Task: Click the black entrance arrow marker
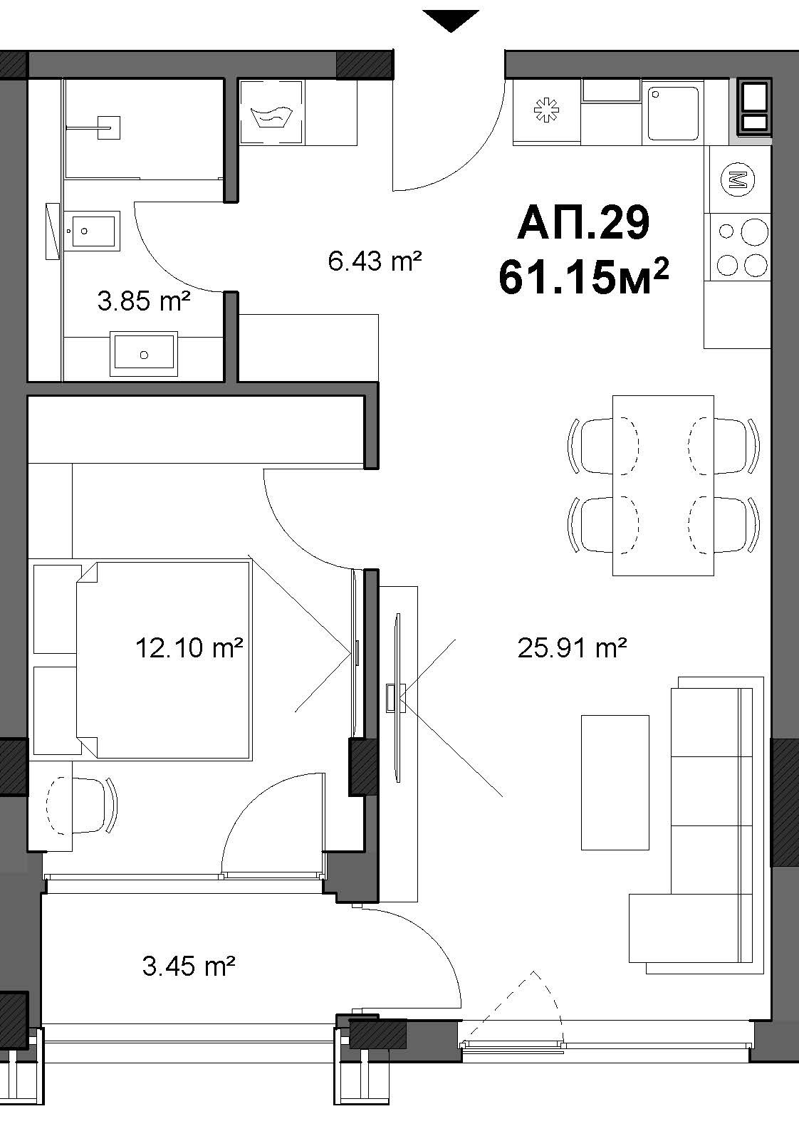pyautogui.click(x=451, y=20)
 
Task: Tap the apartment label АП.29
pyautogui.click(x=583, y=223)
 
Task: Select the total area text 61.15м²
pyautogui.click(x=583, y=276)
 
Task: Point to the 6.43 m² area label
pyautogui.click(x=375, y=261)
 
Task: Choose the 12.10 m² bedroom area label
pyautogui.click(x=189, y=647)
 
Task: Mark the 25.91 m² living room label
pyautogui.click(x=572, y=647)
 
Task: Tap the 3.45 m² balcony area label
pyautogui.click(x=189, y=966)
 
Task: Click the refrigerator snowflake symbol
pyautogui.click(x=546, y=110)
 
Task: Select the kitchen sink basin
pyautogui.click(x=673, y=113)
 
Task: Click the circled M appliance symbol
pyautogui.click(x=738, y=178)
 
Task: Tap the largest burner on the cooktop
pyautogui.click(x=754, y=231)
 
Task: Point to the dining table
pyautogui.click(x=663, y=485)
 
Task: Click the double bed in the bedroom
pyautogui.click(x=164, y=660)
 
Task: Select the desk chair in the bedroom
pyautogui.click(x=81, y=806)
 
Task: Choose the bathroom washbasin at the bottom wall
pyautogui.click(x=145, y=353)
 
